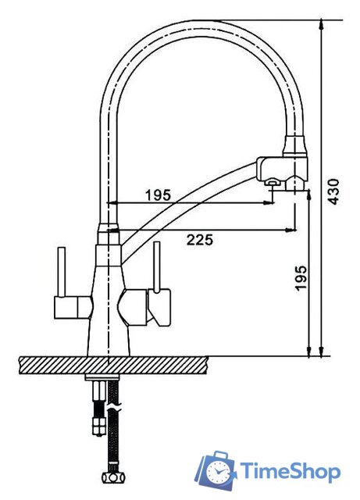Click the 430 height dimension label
tap(333, 191)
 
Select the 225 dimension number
tap(200, 240)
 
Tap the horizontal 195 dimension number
tap(159, 195)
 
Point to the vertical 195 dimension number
tap(301, 278)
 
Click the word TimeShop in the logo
tap(290, 471)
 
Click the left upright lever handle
tap(61, 271)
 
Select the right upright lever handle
tap(156, 266)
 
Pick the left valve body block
tap(73, 307)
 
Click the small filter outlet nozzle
tap(272, 182)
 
